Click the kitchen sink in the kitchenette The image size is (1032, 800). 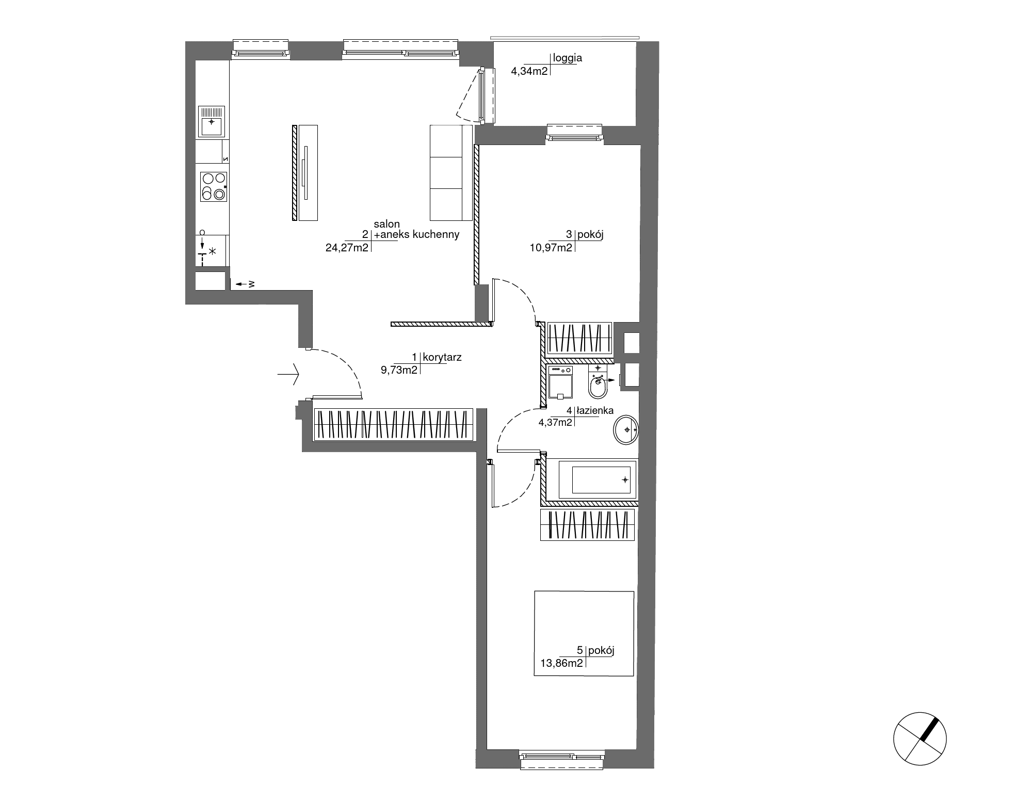coord(212,121)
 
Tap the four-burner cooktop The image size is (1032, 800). coord(214,186)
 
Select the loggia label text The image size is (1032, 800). coord(568,58)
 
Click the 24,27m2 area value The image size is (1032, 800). coord(347,247)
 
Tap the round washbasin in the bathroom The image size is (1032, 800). coord(626,429)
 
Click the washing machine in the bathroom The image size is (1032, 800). coord(560,382)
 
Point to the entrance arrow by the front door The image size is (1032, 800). coord(288,374)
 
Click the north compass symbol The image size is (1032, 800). coord(920,739)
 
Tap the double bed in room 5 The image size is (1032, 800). coord(584,633)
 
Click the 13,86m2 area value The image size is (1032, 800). coord(561,663)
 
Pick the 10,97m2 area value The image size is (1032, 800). coord(551,247)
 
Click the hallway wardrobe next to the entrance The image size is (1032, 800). coord(393,424)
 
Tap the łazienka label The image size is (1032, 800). coord(595,411)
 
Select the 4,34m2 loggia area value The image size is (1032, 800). coord(529,71)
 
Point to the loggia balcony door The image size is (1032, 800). coord(482,95)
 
